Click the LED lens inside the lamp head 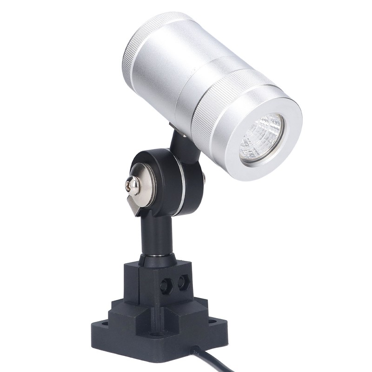[262, 138]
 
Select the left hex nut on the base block [165, 285]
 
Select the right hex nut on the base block [182, 282]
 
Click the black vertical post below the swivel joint [158, 235]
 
